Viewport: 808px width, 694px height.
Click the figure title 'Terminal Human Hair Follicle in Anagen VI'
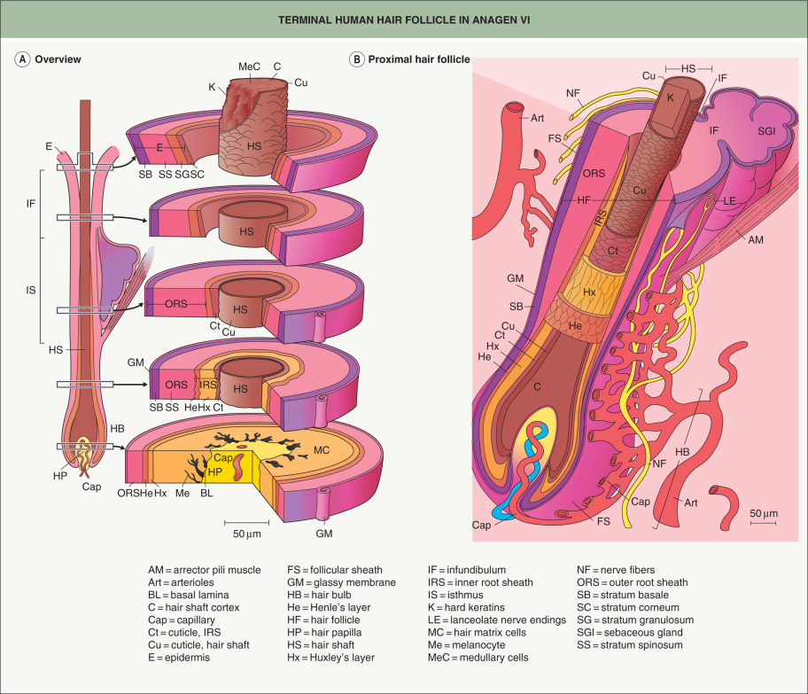click(404, 19)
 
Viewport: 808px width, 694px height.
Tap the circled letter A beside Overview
click(21, 59)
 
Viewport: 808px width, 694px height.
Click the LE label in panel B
click(729, 201)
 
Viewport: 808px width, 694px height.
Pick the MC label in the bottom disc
click(322, 449)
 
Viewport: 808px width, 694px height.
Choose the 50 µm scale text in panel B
click(763, 513)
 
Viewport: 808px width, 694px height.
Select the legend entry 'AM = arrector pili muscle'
click(204, 570)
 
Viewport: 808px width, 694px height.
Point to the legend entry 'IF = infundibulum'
click(477, 570)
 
